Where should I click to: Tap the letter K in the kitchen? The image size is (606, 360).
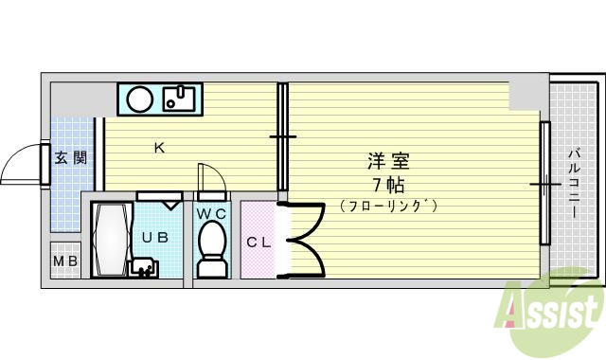(x=159, y=147)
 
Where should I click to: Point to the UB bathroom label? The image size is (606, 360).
(x=155, y=238)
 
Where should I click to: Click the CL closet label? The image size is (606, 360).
(x=258, y=242)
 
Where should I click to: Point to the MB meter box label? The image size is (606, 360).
(x=65, y=261)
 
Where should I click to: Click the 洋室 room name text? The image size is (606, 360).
(x=388, y=161)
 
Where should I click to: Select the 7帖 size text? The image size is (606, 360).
(x=388, y=184)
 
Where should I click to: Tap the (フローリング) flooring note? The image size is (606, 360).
(x=388, y=205)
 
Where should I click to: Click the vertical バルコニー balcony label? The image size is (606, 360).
(x=574, y=180)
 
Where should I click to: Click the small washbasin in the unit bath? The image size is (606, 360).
(x=145, y=269)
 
